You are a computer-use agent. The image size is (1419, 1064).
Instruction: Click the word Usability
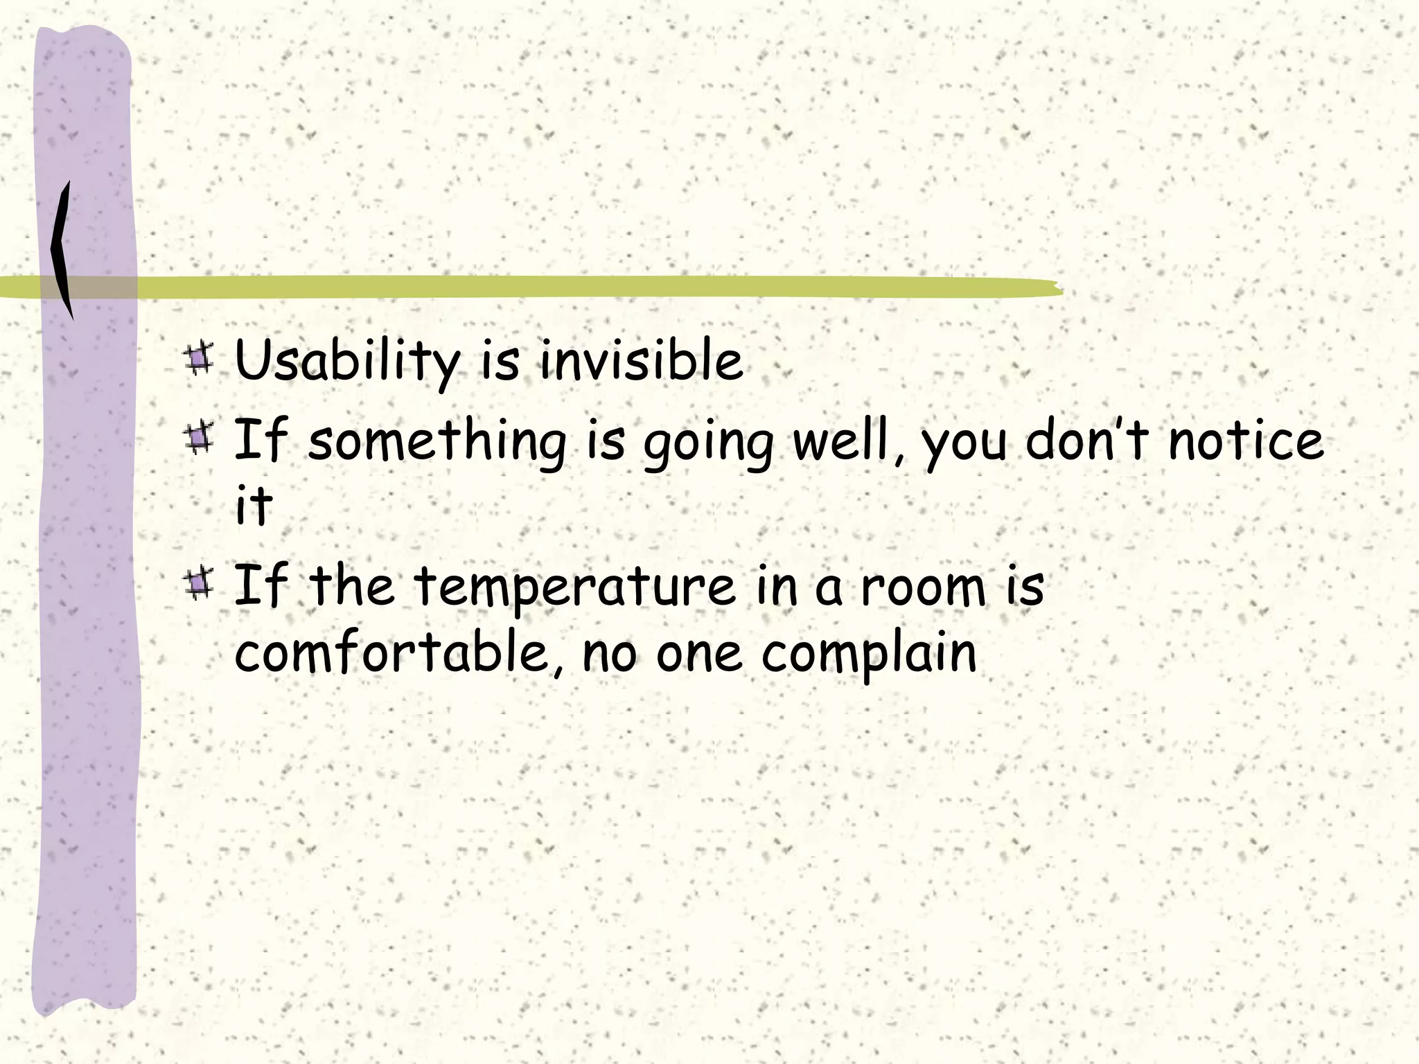(346, 362)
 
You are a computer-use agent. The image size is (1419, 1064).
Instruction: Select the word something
(437, 441)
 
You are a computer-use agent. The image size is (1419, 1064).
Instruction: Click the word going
(708, 443)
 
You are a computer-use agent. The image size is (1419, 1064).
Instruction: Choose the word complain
(870, 655)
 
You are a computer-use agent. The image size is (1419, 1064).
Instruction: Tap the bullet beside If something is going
(200, 438)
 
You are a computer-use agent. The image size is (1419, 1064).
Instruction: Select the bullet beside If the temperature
(200, 584)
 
